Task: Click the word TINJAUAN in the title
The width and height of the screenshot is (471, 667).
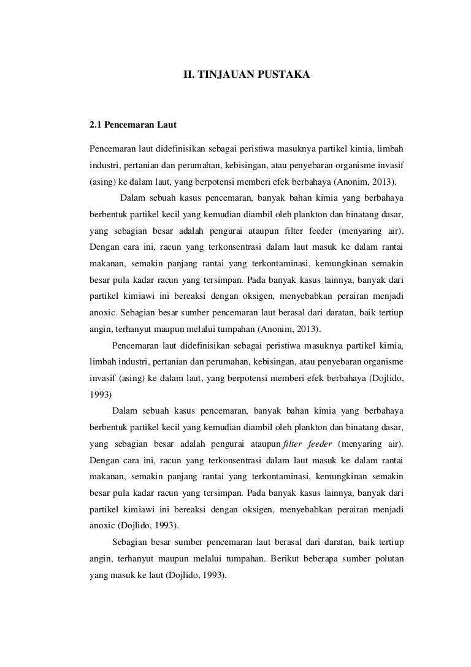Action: tap(224, 75)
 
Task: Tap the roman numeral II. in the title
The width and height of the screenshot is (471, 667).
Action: tap(189, 75)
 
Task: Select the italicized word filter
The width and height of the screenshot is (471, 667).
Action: tap(296, 444)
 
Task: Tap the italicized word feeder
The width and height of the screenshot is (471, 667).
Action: tap(323, 444)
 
